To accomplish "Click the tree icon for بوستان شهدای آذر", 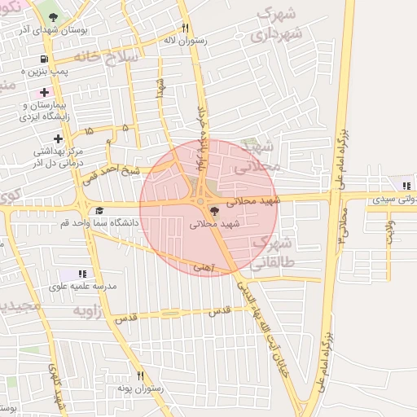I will pyautogui.click(x=54, y=16).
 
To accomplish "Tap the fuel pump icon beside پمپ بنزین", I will pyautogui.click(x=42, y=59).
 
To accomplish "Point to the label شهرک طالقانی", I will pyautogui.click(x=271, y=252).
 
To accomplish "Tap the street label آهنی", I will pyautogui.click(x=203, y=266).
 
